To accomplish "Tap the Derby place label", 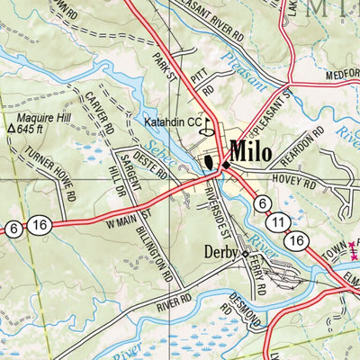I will (x=221, y=252).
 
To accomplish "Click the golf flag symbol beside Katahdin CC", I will (x=208, y=126).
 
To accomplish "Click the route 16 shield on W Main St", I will (x=38, y=228).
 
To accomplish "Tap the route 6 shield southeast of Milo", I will (x=261, y=203).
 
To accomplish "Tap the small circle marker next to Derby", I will (x=246, y=254).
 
